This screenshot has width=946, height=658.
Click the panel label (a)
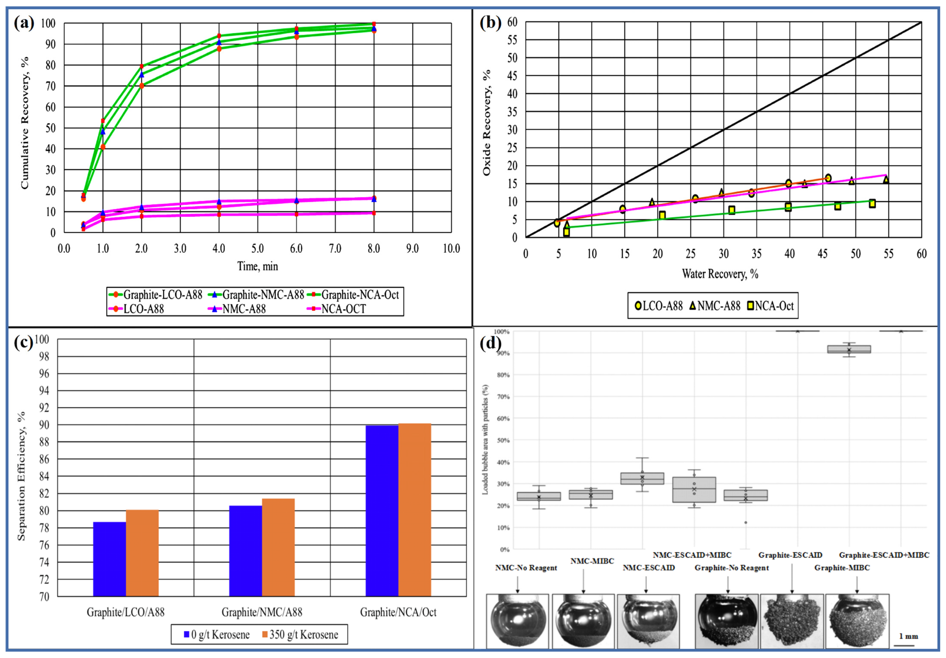tap(24, 23)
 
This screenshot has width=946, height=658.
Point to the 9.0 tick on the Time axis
tap(412, 249)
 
